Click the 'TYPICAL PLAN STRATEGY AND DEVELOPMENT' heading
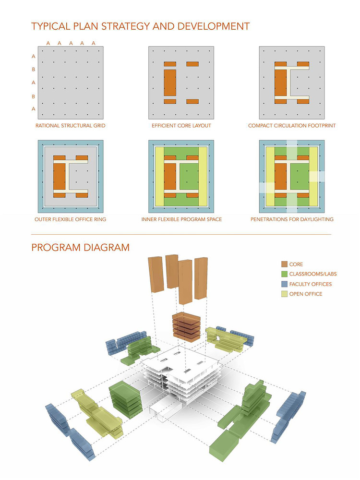(x=141, y=26)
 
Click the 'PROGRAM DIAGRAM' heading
(x=81, y=247)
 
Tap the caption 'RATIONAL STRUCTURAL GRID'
(x=71, y=125)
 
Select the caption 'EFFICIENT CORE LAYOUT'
(x=181, y=125)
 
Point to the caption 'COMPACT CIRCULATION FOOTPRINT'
(x=292, y=125)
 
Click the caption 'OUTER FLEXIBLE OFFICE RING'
(x=71, y=219)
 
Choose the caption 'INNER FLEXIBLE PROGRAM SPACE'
(x=181, y=219)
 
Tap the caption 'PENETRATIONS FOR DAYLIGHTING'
(x=292, y=219)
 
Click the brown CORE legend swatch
(x=284, y=264)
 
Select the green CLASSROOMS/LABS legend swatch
(x=284, y=274)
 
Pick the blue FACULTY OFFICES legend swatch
(x=284, y=284)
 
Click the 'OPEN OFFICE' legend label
(x=306, y=294)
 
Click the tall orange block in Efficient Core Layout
(x=170, y=83)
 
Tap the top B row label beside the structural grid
(x=34, y=70)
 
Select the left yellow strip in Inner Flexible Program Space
(x=160, y=177)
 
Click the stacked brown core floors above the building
(x=186, y=327)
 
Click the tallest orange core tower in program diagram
(x=185, y=282)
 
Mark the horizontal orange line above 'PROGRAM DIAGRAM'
(x=181, y=235)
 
